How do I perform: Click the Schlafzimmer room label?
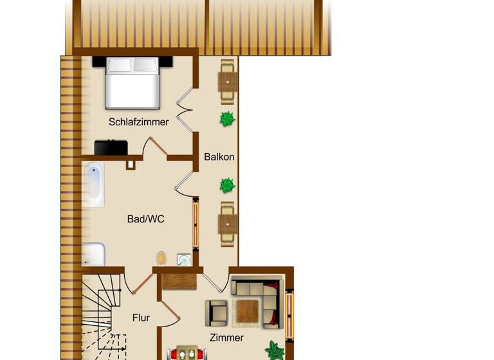click(138, 122)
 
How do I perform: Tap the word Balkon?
click(219, 156)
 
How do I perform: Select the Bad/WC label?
click(145, 219)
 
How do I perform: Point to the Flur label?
click(141, 318)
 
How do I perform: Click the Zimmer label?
click(226, 337)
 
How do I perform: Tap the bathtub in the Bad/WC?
click(93, 184)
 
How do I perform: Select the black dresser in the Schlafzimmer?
click(111, 147)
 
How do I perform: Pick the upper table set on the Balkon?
click(228, 82)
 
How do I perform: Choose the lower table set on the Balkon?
click(228, 223)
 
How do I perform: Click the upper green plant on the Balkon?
click(226, 119)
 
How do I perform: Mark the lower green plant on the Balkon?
click(227, 186)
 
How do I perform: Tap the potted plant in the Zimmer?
click(275, 350)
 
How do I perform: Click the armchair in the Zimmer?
click(216, 312)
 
